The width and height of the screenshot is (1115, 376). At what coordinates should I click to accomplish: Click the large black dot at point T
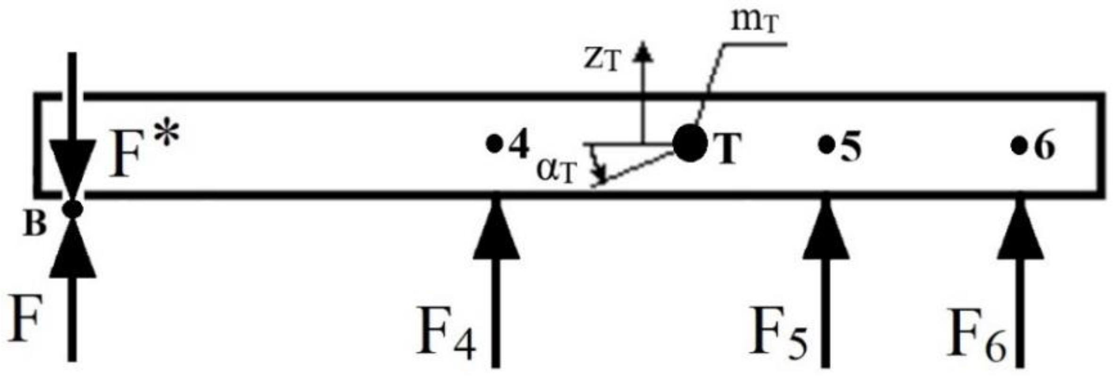[x=690, y=144]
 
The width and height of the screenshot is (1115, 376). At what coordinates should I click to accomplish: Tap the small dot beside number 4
[x=494, y=144]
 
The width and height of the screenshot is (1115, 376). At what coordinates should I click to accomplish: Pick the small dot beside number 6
[x=1018, y=145]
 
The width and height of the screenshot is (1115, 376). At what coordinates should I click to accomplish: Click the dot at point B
[x=73, y=208]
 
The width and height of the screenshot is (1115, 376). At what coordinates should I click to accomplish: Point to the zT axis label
[x=601, y=61]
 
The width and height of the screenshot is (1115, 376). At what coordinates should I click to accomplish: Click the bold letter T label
[x=727, y=148]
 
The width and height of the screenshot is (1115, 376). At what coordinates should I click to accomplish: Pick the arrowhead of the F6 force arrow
[x=1020, y=231]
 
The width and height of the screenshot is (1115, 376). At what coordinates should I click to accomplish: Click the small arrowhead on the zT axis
[x=642, y=51]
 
